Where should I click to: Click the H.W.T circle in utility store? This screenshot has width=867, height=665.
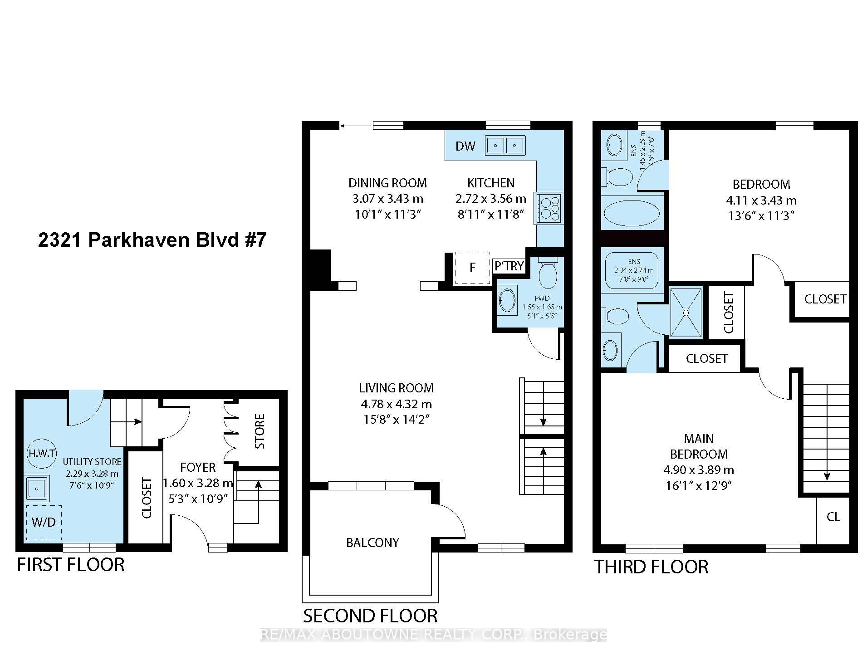[42, 453]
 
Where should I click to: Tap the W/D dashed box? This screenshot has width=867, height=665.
[44, 522]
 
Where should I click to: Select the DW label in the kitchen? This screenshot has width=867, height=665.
[465, 146]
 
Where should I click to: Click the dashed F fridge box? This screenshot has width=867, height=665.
[472, 268]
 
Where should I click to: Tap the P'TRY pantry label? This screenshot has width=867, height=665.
[509, 266]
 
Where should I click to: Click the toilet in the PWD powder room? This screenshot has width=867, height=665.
[548, 272]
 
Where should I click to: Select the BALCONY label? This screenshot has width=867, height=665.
[372, 543]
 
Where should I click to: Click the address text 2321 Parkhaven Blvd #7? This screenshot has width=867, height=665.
[152, 240]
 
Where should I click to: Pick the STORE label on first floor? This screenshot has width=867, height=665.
[260, 431]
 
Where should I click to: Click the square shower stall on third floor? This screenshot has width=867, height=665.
[686, 313]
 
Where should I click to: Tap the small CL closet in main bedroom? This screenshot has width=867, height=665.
[833, 517]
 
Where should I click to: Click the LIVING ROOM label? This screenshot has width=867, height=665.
[396, 388]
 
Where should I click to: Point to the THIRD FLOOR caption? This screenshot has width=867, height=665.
[651, 567]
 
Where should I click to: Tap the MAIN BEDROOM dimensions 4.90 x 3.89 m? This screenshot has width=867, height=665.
[699, 469]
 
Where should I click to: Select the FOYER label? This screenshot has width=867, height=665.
[198, 467]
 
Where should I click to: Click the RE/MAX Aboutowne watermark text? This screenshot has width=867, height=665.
[433, 635]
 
